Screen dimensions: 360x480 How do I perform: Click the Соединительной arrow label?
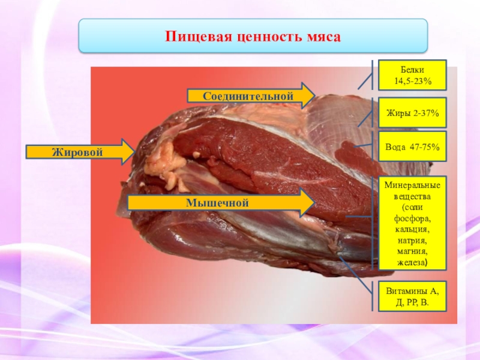247,96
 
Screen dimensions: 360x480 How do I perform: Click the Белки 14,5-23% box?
408,75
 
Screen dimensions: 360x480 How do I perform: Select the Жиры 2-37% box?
408,112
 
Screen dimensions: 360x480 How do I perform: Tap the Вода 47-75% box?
408,146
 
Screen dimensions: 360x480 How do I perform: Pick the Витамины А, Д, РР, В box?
408,296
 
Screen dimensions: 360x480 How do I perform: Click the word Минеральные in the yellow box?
408,185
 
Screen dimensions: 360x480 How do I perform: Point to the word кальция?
408,230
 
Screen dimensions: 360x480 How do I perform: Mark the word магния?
408,251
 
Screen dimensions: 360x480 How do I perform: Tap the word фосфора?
408,219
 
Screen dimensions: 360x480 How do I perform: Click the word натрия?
408,241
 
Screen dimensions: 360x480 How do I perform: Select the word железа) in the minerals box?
408,262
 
